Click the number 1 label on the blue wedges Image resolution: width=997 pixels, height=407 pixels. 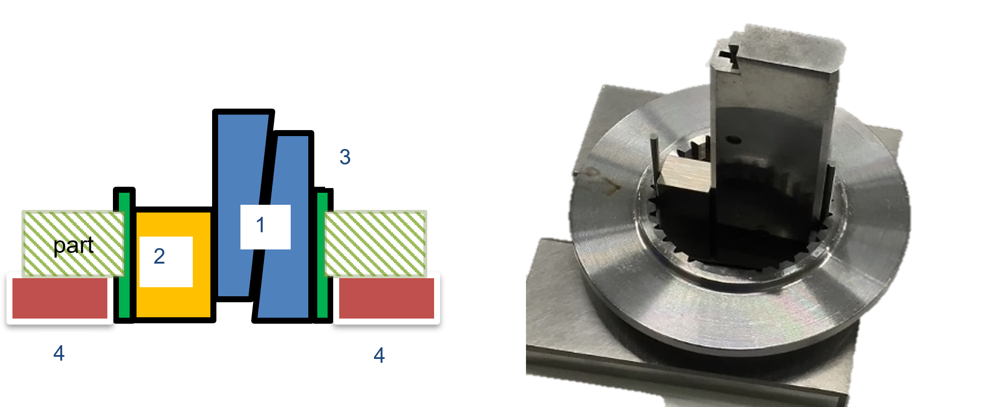[260, 225]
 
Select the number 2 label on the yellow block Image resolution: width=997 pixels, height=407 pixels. [159, 256]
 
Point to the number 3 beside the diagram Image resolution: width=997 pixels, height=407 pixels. [345, 157]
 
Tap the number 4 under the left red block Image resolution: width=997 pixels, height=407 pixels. [59, 353]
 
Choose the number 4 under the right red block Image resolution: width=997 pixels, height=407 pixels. [379, 355]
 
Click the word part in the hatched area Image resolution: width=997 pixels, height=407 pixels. [73, 246]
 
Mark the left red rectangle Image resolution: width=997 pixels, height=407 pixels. [60, 298]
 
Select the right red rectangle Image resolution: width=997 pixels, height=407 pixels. [386, 298]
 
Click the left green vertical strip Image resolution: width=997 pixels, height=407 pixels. [124, 255]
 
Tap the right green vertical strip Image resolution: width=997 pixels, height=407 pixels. [322, 255]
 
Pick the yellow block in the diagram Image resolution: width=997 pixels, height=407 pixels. [173, 265]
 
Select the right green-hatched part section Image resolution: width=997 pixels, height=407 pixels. [375, 243]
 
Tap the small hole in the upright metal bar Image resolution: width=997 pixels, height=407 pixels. [735, 140]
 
